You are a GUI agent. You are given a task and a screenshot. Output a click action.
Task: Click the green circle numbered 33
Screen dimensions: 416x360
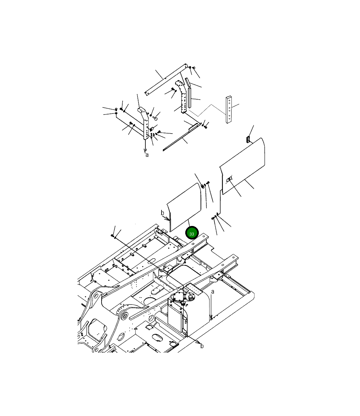tap(192, 233)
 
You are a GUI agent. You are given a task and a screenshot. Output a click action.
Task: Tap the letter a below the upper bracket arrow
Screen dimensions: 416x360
tap(147, 154)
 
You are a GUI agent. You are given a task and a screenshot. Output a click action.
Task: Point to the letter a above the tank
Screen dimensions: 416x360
tap(213, 292)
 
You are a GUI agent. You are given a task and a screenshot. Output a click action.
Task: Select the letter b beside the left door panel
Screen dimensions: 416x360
tap(163, 213)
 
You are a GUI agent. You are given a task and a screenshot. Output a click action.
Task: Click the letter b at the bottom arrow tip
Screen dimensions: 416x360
tap(202, 346)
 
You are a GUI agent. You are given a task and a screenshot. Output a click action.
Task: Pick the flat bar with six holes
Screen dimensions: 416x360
tap(229, 110)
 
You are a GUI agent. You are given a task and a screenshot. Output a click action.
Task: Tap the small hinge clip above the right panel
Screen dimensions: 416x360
tap(248, 139)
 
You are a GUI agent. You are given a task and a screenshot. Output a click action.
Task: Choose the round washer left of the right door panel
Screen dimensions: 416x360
tap(203, 186)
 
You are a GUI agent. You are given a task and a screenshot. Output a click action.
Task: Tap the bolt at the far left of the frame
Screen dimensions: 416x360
tap(113, 235)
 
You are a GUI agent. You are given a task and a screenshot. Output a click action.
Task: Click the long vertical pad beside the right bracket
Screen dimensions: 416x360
tap(190, 98)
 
